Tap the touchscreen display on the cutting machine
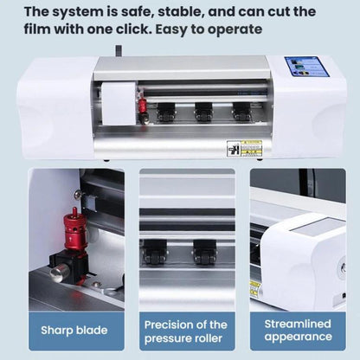pos(306,67)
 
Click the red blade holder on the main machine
pos(142,107)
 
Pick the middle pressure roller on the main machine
pos(203,112)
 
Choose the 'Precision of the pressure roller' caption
pos(186,329)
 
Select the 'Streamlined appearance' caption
pos(298,329)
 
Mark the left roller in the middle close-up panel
pos(157,251)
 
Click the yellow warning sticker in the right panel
pos(255,288)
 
